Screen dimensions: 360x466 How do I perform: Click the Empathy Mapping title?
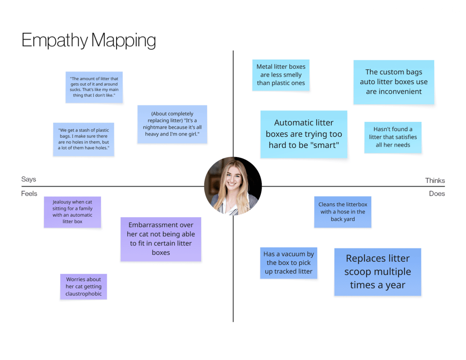pyautogui.click(x=89, y=41)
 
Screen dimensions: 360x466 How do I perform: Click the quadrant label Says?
pyautogui.click(x=29, y=180)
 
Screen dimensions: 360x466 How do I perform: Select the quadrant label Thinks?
pyautogui.click(x=435, y=181)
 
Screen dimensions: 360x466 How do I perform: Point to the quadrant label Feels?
pyautogui.click(x=29, y=194)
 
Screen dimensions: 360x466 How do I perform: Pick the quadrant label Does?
pyautogui.click(x=437, y=194)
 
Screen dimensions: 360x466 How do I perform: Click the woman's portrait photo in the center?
pyautogui.click(x=233, y=186)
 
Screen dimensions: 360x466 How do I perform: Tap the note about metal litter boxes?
pyautogui.click(x=281, y=75)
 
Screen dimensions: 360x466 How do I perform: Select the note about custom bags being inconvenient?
pyautogui.click(x=394, y=82)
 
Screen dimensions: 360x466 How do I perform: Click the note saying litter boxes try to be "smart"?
pyautogui.click(x=304, y=134)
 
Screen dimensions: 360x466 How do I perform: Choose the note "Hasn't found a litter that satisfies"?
pyautogui.click(x=393, y=137)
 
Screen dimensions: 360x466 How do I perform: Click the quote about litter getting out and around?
pyautogui.click(x=94, y=87)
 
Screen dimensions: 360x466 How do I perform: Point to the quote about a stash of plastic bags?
pyautogui.click(x=83, y=139)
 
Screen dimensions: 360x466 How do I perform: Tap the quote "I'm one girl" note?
pyautogui.click(x=172, y=124)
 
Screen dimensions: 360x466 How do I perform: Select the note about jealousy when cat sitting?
pyautogui.click(x=72, y=212)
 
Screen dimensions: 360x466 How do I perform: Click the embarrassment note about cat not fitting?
pyautogui.click(x=161, y=239)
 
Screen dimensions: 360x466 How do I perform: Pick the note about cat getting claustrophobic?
pyautogui.click(x=84, y=287)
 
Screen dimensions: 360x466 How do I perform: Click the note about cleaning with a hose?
pyautogui.click(x=343, y=212)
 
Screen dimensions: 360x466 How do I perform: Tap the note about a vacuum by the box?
pyautogui.click(x=289, y=263)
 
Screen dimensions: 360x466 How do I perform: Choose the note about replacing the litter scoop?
pyautogui.click(x=377, y=272)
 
